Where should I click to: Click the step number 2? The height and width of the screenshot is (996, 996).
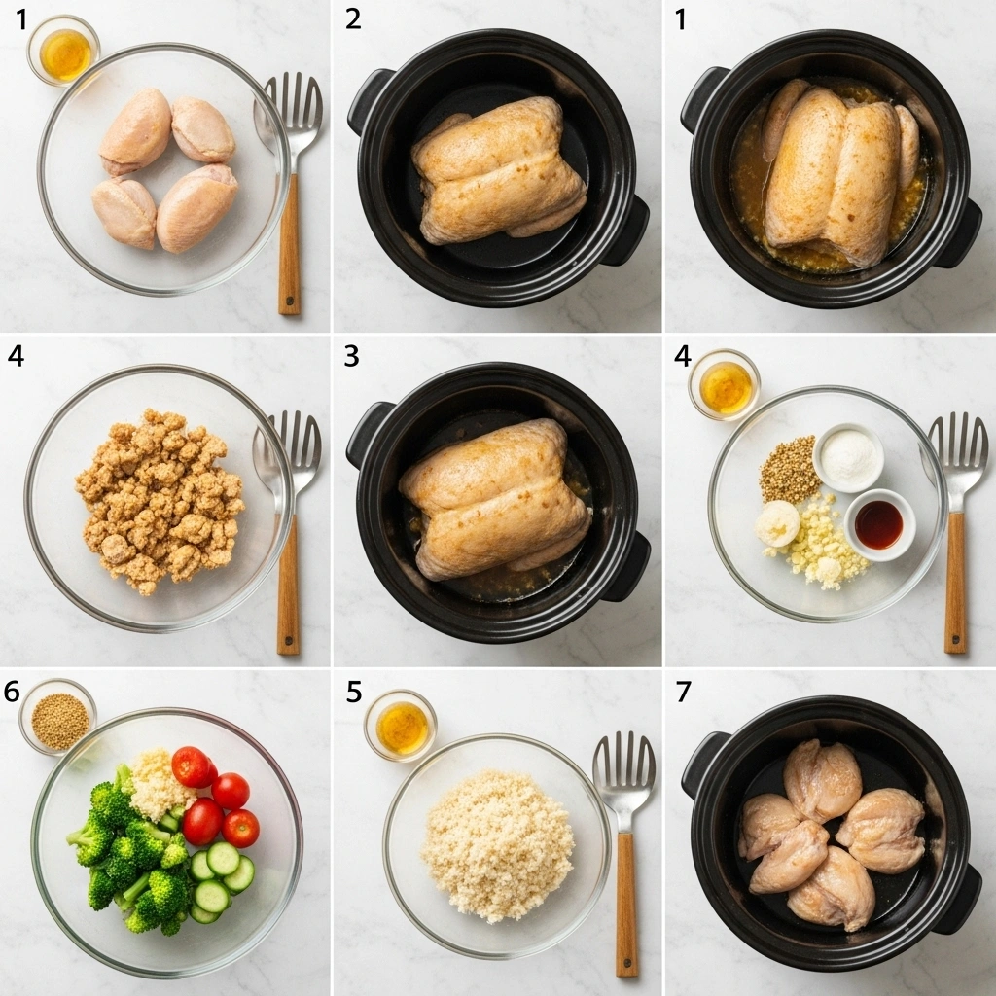353,19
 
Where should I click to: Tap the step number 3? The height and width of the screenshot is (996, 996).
352,357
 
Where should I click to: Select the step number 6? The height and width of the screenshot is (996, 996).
13,692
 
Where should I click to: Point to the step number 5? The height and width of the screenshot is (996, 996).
354,692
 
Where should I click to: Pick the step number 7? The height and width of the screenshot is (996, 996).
684,692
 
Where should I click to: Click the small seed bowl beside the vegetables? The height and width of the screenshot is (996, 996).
58,718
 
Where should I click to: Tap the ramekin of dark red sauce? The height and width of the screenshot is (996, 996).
878,524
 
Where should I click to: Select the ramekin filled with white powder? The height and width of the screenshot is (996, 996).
848,456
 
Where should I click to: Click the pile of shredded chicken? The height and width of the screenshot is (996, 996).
160,498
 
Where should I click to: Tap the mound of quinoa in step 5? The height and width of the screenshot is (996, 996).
497,844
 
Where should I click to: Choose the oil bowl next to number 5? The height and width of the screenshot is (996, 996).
401,726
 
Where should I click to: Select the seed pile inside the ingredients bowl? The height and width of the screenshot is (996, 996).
789,470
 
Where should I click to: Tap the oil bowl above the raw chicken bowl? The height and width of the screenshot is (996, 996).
64,53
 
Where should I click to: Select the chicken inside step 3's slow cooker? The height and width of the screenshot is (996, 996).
494,496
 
